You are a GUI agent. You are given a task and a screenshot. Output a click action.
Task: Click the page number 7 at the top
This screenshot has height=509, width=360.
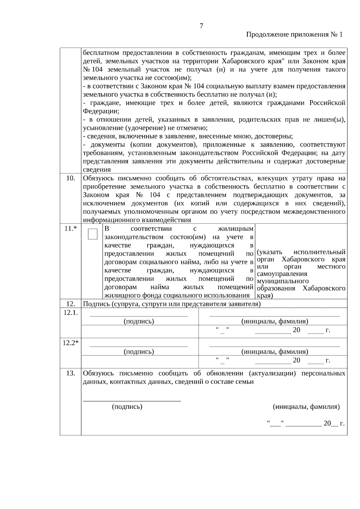201,26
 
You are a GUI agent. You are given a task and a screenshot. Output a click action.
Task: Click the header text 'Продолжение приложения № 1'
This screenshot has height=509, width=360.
294,34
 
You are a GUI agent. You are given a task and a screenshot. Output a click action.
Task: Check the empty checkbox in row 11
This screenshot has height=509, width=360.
93,234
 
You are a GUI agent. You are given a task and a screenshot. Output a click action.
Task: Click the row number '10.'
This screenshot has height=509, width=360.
70,178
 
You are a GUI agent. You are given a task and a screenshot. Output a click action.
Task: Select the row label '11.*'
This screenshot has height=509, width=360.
70,229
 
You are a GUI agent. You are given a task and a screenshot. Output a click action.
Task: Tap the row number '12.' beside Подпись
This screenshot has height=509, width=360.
70,304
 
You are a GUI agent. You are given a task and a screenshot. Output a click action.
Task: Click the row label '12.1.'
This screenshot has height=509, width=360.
70,313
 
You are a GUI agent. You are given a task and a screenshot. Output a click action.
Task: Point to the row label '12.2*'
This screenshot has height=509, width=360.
70,343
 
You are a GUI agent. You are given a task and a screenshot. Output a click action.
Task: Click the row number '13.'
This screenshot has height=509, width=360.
70,373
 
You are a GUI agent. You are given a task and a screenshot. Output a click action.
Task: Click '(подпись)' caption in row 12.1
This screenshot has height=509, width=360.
139,321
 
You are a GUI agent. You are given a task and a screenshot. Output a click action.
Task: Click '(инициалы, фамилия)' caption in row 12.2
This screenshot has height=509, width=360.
275,352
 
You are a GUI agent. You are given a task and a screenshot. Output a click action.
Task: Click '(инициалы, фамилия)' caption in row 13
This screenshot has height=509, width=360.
306,407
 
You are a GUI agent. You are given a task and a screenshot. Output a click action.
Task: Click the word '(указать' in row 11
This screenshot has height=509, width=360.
269,252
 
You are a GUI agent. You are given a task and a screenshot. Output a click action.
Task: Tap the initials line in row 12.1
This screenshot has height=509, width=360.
275,316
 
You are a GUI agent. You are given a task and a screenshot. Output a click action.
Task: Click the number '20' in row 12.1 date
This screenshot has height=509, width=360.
296,330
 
